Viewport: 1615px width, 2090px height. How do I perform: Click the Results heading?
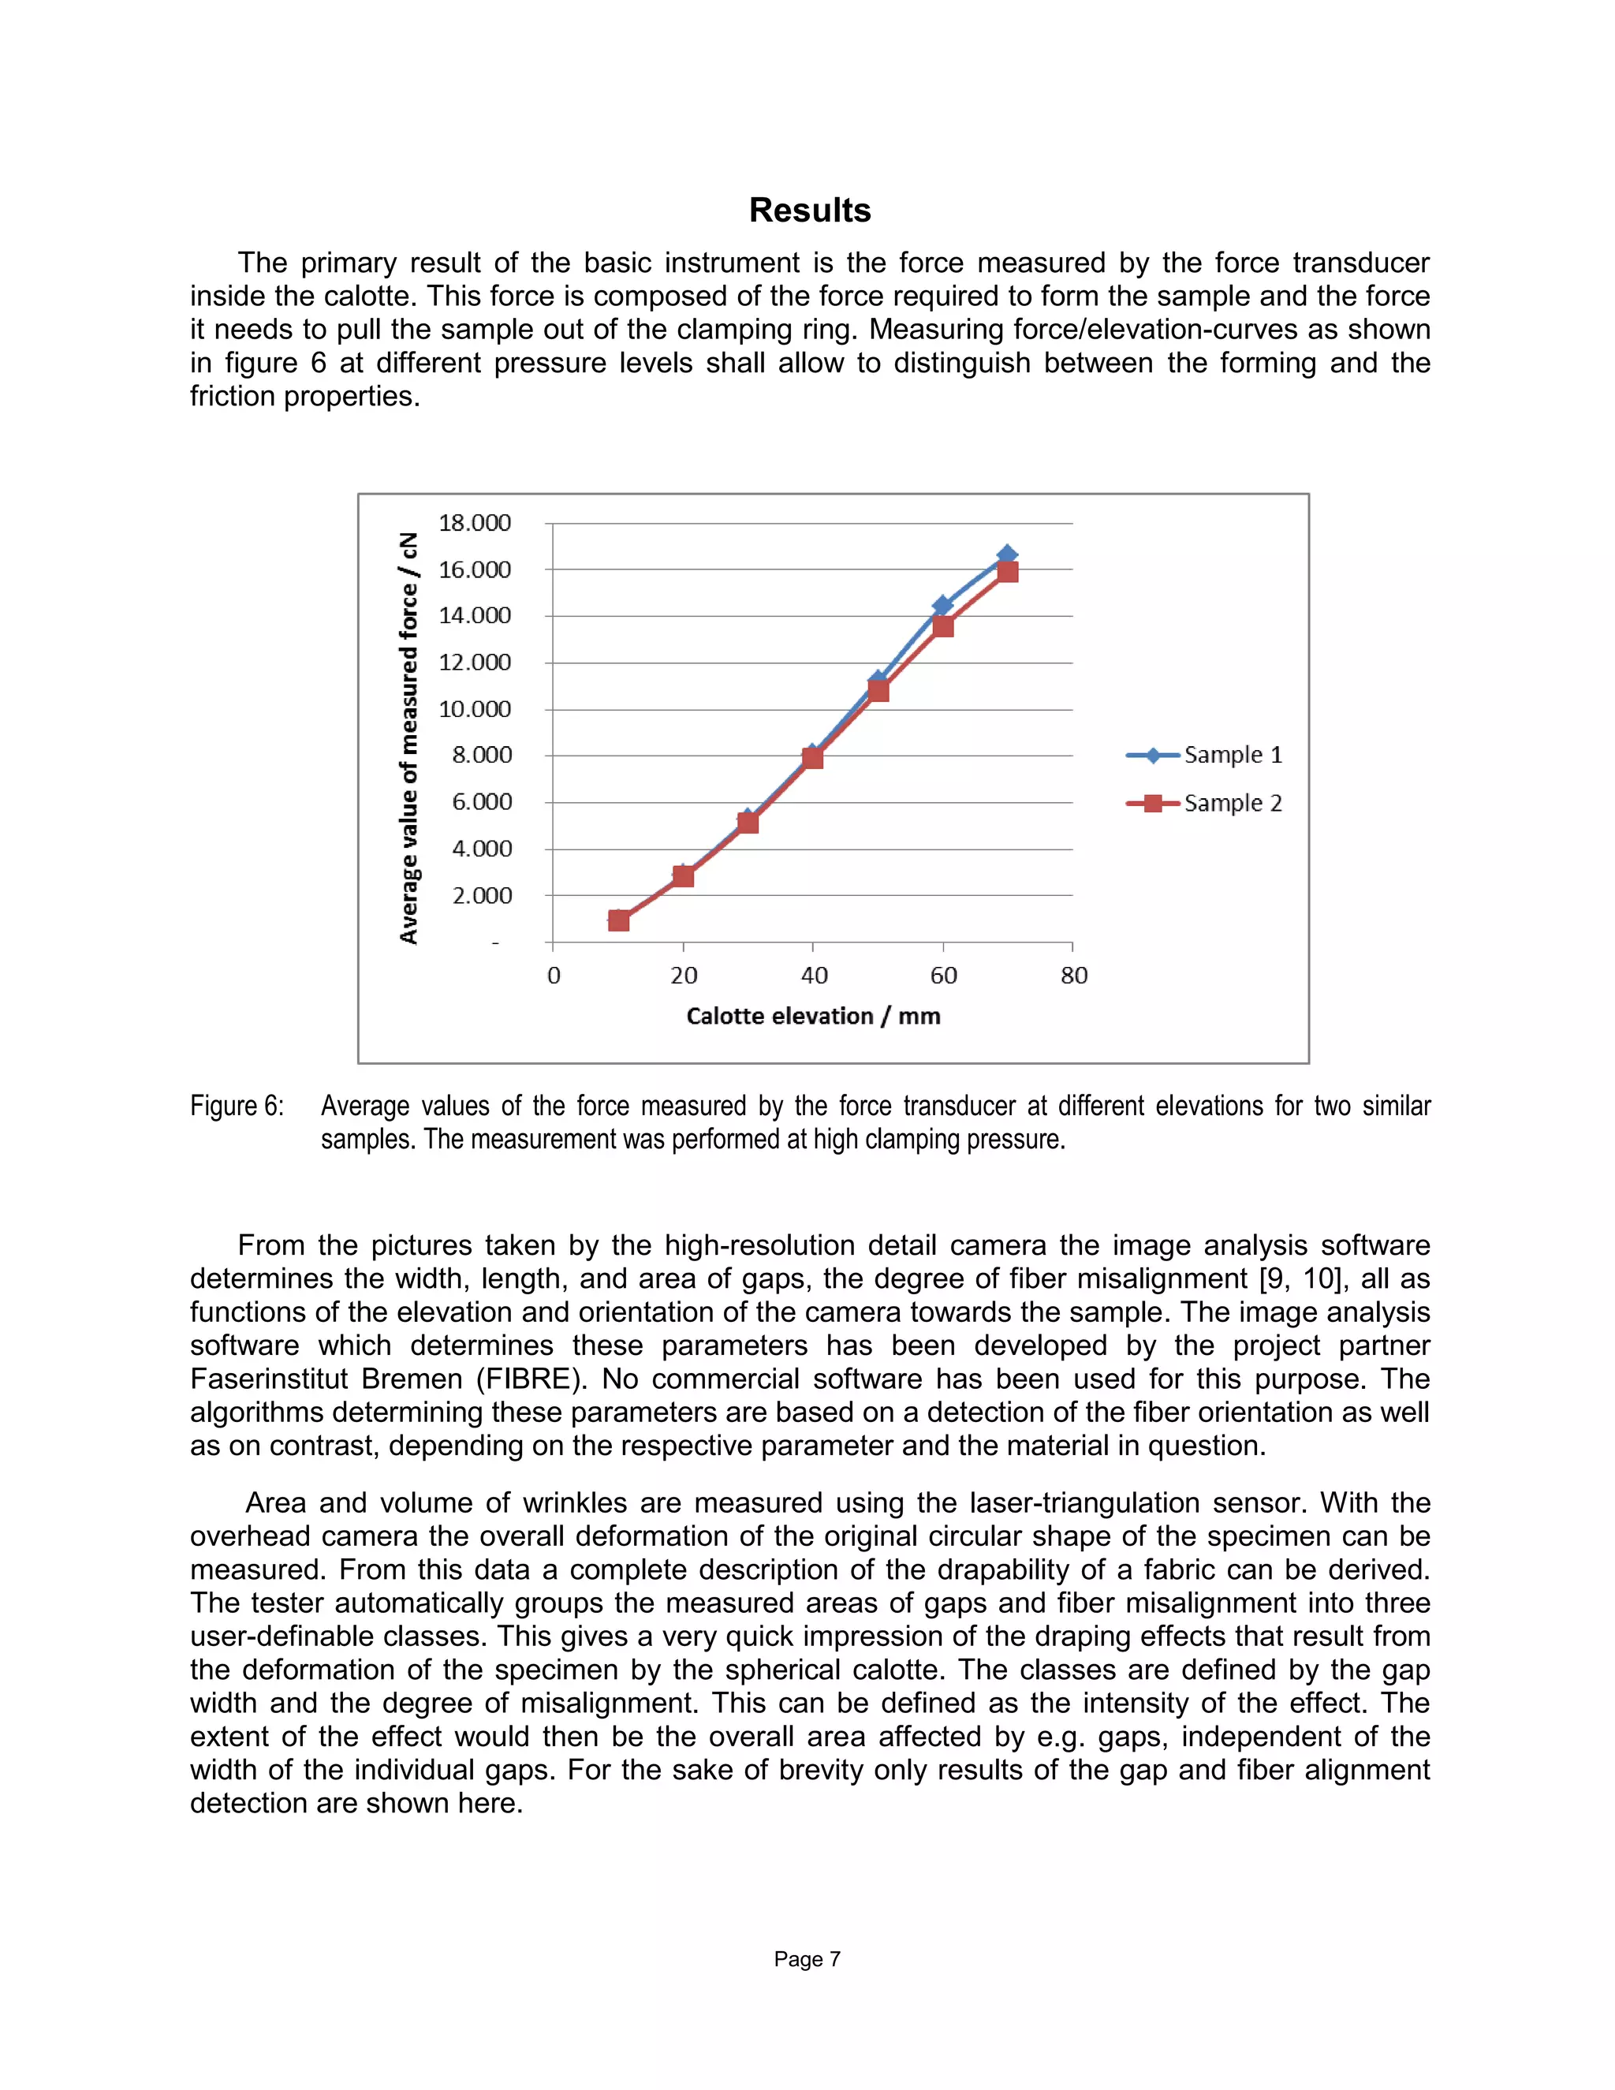[x=809, y=211]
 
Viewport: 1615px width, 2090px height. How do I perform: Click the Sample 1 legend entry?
[x=1206, y=755]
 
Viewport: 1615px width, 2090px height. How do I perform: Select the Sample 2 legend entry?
[x=1206, y=803]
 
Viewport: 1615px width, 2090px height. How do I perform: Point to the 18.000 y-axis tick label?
[x=475, y=522]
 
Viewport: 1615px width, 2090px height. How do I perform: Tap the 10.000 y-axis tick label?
[x=475, y=709]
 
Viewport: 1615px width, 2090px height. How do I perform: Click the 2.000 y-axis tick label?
[x=481, y=896]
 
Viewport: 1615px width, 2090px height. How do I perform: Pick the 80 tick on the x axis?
[x=1073, y=975]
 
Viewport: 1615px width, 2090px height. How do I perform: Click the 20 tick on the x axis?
[x=683, y=975]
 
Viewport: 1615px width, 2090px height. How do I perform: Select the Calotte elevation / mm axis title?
[x=813, y=1017]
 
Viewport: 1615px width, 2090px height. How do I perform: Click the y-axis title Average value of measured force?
[x=408, y=737]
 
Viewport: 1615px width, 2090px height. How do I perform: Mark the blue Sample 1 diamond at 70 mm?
[x=1006, y=555]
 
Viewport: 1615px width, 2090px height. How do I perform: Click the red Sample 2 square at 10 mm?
[x=619, y=920]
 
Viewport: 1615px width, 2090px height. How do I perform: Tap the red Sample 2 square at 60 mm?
[x=942, y=627]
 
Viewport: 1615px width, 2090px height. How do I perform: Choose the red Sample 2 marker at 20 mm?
[x=683, y=875]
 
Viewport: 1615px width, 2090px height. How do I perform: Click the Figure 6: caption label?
[x=237, y=1107]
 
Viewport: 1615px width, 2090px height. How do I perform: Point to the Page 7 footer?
[x=807, y=1959]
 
